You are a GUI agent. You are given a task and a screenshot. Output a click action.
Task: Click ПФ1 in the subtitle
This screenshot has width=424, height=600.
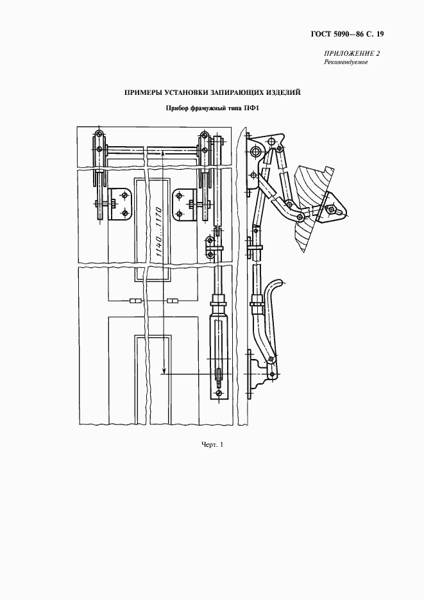250,109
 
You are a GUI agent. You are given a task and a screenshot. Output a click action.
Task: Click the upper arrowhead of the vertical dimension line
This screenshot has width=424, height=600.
164,153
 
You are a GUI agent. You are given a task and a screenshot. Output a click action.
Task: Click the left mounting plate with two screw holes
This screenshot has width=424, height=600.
120,204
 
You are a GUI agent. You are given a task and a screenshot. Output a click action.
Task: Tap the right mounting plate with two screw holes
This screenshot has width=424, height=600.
185,204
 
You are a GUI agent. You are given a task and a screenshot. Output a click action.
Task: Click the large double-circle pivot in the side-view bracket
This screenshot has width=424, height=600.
255,151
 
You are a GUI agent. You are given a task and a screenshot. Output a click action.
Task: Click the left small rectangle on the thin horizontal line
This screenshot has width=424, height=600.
136,301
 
